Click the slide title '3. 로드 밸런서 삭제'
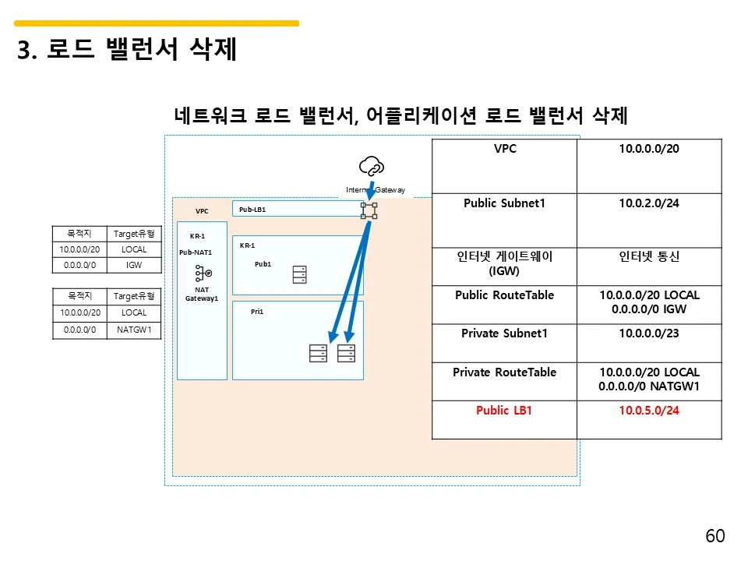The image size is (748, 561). pyautogui.click(x=127, y=51)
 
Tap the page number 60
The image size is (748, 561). pyautogui.click(x=714, y=536)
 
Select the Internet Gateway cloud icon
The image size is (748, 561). pyautogui.click(x=371, y=166)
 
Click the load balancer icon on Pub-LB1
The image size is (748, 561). pyautogui.click(x=369, y=210)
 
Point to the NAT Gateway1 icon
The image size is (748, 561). pyautogui.click(x=203, y=273)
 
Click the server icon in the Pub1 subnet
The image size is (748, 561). pyautogui.click(x=299, y=275)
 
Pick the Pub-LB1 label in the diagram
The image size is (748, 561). pyautogui.click(x=253, y=210)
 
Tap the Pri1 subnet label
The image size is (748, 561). pyautogui.click(x=257, y=312)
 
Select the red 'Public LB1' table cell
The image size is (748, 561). pyautogui.click(x=504, y=411)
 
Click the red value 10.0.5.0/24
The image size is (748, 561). pyautogui.click(x=649, y=411)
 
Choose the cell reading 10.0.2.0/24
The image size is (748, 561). pyautogui.click(x=649, y=203)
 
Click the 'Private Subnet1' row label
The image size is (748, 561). pyautogui.click(x=504, y=333)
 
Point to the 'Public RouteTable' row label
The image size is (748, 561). pyautogui.click(x=504, y=295)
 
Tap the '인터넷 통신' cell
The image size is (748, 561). pyautogui.click(x=649, y=256)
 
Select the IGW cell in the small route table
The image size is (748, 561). pyautogui.click(x=134, y=265)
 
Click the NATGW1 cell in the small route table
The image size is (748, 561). pyautogui.click(x=134, y=330)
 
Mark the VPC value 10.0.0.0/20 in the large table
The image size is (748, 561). pyautogui.click(x=649, y=147)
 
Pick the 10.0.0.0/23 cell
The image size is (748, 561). pyautogui.click(x=649, y=333)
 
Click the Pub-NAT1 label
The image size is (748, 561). pyautogui.click(x=196, y=252)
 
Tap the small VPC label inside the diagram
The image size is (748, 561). pyautogui.click(x=202, y=211)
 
